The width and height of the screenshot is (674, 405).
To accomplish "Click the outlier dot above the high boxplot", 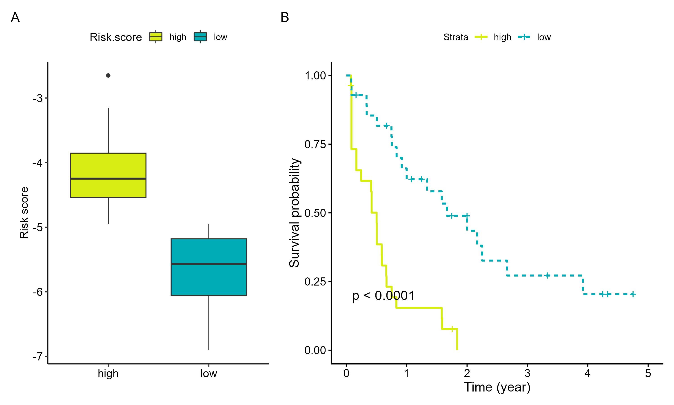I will (108, 75).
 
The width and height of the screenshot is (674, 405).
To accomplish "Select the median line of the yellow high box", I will (108, 178).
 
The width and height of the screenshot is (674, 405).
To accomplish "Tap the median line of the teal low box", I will (209, 264).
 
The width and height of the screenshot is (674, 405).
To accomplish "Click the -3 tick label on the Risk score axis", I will (38, 98).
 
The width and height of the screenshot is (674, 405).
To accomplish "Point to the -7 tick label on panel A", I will (38, 356).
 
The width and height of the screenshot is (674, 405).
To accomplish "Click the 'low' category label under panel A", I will (209, 373).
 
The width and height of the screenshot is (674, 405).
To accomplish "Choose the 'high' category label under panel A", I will (108, 373).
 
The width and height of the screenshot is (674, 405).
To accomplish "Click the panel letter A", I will (15, 18).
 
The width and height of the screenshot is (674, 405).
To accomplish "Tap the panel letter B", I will (285, 18).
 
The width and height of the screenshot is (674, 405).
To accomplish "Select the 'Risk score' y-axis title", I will (24, 213).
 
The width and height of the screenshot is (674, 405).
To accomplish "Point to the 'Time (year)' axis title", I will (497, 387).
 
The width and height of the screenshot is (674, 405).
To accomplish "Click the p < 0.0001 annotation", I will (383, 296).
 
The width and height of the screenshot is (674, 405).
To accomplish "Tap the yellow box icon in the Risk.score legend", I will (156, 37).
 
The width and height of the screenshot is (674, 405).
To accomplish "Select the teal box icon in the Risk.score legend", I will (200, 37).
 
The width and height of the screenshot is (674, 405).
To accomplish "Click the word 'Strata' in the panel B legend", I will (456, 37).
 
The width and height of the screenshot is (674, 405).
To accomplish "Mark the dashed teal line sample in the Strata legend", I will (524, 37).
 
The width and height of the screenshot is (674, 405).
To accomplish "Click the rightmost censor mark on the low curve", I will (633, 294).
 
